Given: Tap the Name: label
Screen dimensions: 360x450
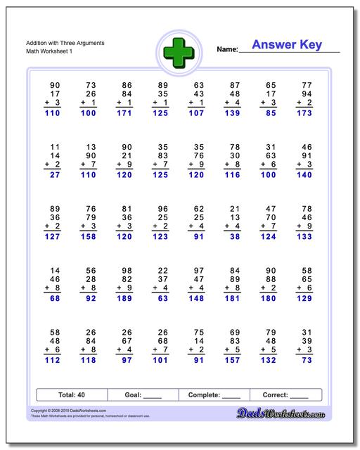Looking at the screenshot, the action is (227, 50).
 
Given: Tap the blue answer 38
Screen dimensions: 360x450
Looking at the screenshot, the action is (235, 238).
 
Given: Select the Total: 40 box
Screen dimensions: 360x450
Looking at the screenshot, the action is (71, 395).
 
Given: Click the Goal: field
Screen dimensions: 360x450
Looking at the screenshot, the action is (143, 395).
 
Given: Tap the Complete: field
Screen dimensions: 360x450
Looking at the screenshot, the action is (214, 395).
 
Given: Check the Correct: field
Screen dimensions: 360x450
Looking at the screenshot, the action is (285, 395).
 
